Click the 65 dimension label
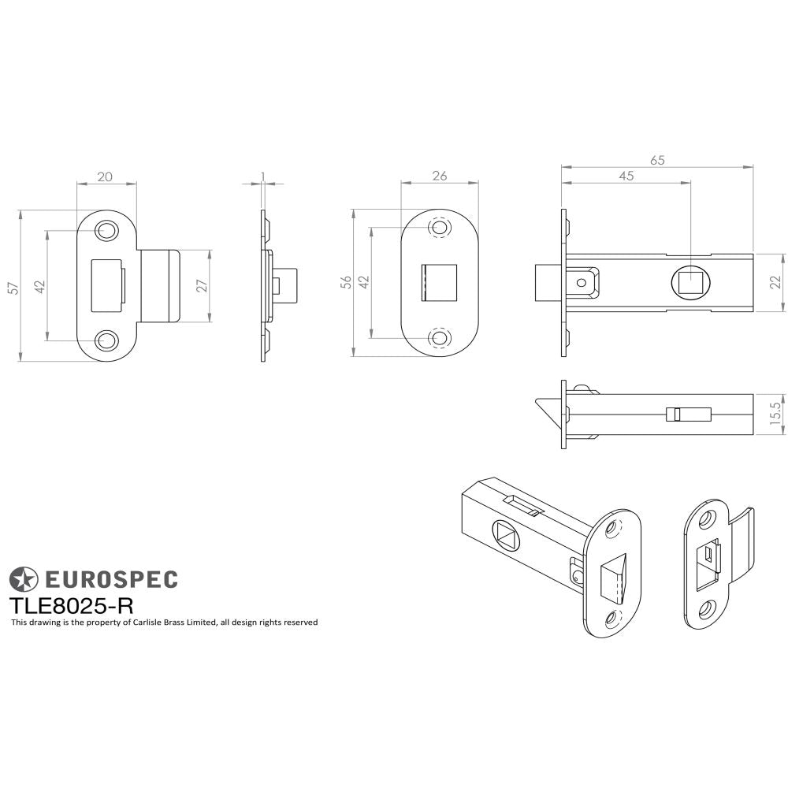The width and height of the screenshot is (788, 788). coord(657,160)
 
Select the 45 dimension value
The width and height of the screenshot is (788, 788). coord(626,176)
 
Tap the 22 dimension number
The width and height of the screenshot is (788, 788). coord(775,282)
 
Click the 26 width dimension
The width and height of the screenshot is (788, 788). coord(440,176)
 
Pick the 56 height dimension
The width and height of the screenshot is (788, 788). coord(345,284)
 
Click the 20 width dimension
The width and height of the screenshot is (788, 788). coord(105,177)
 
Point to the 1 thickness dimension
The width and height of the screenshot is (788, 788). coord(262,177)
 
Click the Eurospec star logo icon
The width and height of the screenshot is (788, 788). coord(23,580)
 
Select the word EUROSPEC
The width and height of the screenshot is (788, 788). coord(110,580)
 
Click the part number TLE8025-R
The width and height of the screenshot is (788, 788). coord(71,605)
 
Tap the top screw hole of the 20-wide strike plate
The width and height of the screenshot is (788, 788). coord(105,231)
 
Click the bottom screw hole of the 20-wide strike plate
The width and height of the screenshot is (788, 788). coord(105,340)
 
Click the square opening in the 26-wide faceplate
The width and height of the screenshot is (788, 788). coord(439,283)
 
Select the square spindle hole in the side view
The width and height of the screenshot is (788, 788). coord(690,283)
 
